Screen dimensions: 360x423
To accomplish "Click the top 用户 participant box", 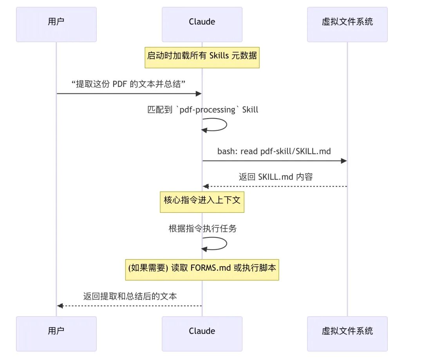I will pos(56,24).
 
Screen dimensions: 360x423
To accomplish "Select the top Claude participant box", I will pos(202,24).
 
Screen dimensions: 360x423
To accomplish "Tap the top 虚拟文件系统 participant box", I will pos(347,24).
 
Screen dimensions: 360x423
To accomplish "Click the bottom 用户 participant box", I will pos(56,333).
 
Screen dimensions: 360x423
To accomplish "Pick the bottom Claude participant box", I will pos(202,333).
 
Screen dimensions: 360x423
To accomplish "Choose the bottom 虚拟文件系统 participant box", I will pos(347,333).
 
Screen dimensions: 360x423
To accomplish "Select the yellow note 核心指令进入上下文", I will pos(202,202).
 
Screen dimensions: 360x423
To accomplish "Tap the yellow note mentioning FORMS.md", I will pos(202,270).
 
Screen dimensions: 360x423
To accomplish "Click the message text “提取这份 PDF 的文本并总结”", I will pos(128,84).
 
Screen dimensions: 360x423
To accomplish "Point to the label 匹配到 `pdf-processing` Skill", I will pos(202,110).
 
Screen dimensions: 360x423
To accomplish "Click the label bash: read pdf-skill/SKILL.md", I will pos(274,151).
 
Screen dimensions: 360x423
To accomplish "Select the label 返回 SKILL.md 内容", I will pos(276,176).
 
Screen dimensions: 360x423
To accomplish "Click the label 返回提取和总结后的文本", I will pos(130,296).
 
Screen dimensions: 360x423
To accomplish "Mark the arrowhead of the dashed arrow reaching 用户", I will pos(60,306).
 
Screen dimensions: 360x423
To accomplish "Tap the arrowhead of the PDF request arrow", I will pos(199,94).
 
